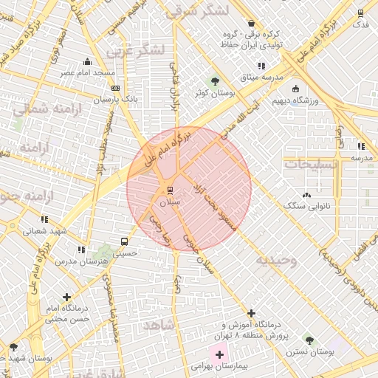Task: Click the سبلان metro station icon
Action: pyautogui.click(x=171, y=190)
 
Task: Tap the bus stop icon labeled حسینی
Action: pyautogui.click(x=124, y=241)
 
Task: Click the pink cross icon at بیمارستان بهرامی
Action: pyautogui.click(x=219, y=355)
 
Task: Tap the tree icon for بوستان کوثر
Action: pyautogui.click(x=215, y=82)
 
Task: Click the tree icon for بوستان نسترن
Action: pyautogui.click(x=309, y=342)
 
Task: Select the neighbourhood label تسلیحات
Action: pyautogui.click(x=311, y=164)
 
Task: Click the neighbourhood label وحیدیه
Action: pyautogui.click(x=276, y=260)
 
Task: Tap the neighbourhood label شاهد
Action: pyautogui.click(x=158, y=325)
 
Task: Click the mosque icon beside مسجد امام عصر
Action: pyautogui.click(x=88, y=62)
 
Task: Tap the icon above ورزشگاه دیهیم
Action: pyautogui.click(x=295, y=89)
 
